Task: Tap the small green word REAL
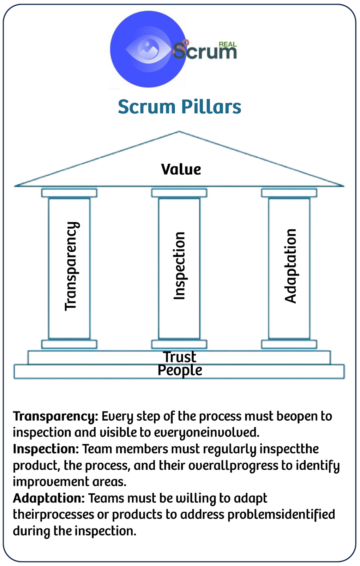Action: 228,44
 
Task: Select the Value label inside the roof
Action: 181,169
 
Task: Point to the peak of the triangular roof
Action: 179,131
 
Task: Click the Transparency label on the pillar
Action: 72,266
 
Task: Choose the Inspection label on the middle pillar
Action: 179,266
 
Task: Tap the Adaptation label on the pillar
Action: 290,266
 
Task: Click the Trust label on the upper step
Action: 180,357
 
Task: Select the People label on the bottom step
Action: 180,371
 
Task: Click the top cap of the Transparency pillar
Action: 69,193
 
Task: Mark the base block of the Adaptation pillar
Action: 289,344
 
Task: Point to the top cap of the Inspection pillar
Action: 179,193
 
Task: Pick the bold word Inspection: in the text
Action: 46,449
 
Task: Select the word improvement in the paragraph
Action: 51,482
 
